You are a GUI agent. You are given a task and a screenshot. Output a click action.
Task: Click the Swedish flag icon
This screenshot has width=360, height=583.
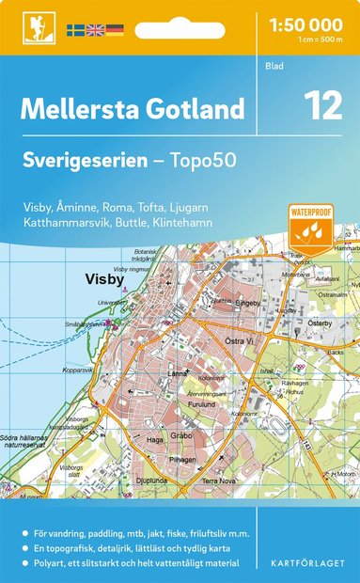(76, 30)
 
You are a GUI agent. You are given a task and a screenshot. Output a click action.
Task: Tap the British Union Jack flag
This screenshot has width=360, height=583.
(95, 30)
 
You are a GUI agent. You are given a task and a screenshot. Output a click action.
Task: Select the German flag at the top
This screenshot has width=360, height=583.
(114, 30)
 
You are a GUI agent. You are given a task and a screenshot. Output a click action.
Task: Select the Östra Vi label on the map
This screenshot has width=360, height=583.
(241, 341)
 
